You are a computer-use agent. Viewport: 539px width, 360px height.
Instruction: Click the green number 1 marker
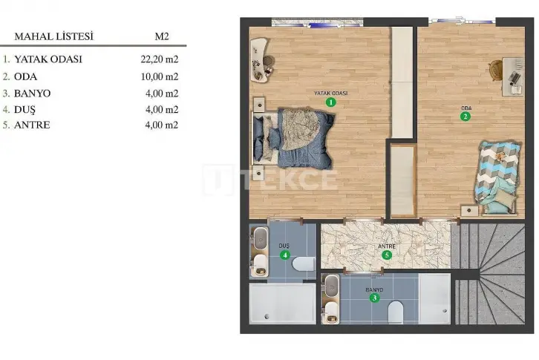tap(330, 102)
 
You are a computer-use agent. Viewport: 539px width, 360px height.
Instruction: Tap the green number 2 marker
tap(465, 117)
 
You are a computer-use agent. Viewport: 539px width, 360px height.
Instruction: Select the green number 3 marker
tap(374, 298)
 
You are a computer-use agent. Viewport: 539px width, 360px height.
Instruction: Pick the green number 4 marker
tap(284, 255)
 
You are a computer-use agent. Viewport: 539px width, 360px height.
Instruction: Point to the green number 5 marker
tap(387, 255)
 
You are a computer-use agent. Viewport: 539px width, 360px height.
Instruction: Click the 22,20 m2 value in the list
tap(160, 59)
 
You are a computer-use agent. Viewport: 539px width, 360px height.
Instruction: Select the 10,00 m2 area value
tap(160, 76)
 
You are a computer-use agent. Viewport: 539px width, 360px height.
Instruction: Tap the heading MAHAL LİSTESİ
tap(54, 36)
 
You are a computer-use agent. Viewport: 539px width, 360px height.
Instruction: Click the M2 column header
tap(162, 36)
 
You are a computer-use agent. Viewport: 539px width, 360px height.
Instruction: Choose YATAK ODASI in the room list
tap(48, 59)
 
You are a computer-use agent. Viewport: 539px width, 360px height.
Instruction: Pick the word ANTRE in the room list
tap(32, 125)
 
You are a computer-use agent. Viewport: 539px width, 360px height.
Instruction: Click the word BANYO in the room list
tap(33, 94)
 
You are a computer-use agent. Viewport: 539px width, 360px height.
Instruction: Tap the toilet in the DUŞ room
tap(304, 264)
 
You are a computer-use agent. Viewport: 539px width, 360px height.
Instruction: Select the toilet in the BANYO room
tap(395, 312)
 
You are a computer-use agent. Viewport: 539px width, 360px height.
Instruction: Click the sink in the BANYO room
tap(332, 286)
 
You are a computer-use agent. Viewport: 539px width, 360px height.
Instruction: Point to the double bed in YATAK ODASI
tap(294, 138)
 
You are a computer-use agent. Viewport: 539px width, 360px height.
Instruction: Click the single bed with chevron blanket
tap(498, 177)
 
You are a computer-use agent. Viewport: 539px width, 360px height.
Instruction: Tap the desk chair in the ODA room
tap(496, 70)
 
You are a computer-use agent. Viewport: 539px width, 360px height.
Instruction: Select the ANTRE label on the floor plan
tap(387, 246)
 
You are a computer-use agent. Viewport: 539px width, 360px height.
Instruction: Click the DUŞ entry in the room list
tap(24, 110)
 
